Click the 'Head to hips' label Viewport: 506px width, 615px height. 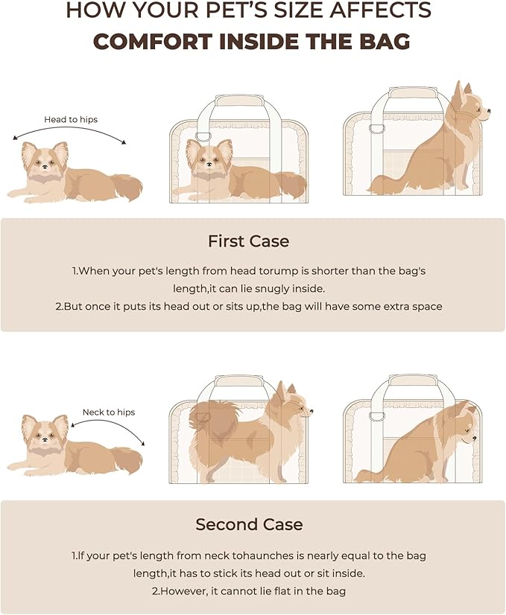pos(71,119)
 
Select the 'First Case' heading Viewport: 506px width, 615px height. pos(248,241)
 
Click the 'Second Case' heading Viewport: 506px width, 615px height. pos(249,524)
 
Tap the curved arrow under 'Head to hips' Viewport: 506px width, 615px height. pos(71,132)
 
